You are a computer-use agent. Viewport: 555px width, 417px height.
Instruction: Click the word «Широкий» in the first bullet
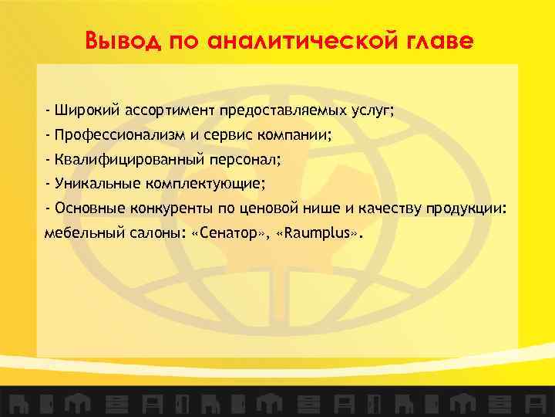pyautogui.click(x=85, y=110)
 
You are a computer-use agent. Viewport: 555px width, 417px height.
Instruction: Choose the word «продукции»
pyautogui.click(x=467, y=208)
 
